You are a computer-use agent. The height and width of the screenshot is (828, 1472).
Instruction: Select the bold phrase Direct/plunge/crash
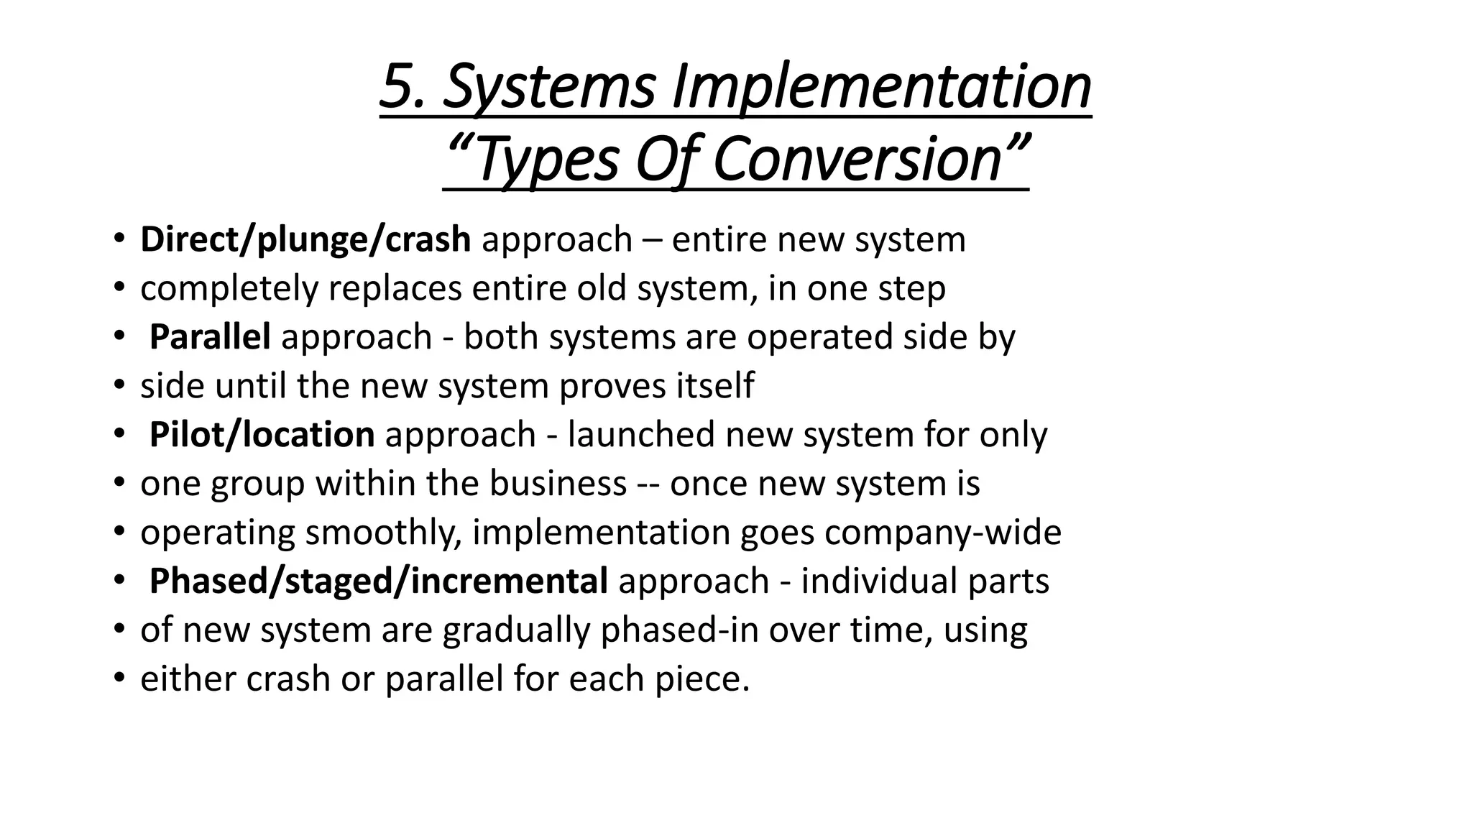(x=305, y=239)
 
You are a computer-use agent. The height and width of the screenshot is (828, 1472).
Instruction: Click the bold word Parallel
(x=210, y=337)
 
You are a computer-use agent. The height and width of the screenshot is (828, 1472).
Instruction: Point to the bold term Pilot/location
(x=262, y=435)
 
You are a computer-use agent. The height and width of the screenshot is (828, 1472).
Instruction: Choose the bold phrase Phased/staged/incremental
(x=378, y=581)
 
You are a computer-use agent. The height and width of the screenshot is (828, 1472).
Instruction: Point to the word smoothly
(x=383, y=533)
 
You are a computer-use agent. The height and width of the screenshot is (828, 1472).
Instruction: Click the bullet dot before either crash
(x=119, y=679)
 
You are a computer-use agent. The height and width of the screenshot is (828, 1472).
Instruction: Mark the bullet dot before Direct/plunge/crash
(x=119, y=239)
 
